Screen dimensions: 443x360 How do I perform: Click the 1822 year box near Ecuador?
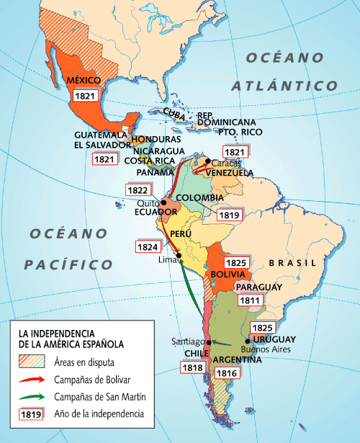138,190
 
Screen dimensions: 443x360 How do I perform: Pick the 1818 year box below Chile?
192,367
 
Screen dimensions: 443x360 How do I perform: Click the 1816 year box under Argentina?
226,372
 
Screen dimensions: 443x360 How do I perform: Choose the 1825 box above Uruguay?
262,326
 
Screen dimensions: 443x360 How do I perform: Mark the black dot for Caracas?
208,161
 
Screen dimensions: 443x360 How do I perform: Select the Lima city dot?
176,252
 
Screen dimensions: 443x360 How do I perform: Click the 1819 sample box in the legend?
30,414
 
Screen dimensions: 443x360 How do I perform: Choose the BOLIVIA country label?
230,275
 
